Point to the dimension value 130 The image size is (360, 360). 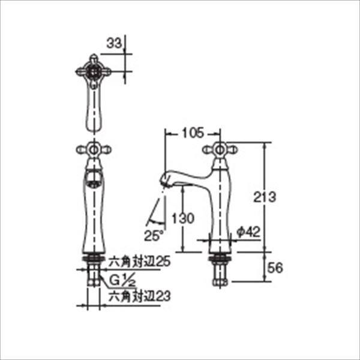[185, 218]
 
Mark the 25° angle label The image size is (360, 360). [152, 235]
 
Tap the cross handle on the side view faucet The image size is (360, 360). [220, 150]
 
